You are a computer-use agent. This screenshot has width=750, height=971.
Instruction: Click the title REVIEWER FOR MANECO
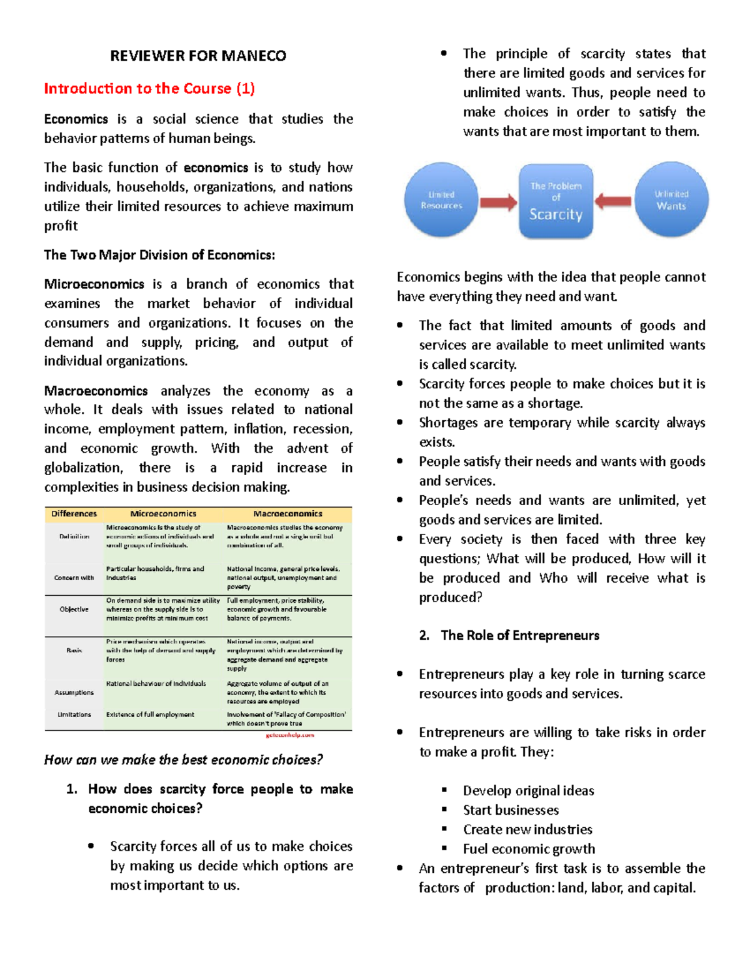[198, 56]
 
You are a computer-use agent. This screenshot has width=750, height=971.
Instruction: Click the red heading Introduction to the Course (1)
[149, 89]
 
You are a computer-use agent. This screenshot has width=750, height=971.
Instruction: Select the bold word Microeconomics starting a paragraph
[94, 284]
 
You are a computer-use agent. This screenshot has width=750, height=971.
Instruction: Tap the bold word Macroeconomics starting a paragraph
[96, 391]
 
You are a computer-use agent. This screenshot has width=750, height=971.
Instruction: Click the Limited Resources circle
[441, 200]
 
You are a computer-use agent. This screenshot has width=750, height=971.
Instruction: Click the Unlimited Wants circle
[671, 200]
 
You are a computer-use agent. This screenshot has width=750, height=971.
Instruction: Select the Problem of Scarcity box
[556, 201]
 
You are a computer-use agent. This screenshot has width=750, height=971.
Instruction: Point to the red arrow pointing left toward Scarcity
[613, 201]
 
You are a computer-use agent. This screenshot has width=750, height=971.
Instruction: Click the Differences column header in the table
[74, 514]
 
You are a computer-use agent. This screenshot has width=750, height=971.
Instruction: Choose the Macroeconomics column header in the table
[287, 514]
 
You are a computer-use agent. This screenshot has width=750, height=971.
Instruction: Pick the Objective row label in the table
[74, 610]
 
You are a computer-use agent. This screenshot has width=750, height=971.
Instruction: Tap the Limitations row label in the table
[74, 715]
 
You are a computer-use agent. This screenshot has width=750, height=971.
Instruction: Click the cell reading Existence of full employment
[150, 715]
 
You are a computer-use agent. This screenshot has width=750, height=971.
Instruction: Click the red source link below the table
[290, 735]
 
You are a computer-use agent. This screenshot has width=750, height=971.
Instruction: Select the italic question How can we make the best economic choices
[183, 760]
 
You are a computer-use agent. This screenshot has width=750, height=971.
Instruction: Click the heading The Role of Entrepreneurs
[519, 636]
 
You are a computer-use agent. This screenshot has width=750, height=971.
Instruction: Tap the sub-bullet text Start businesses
[511, 810]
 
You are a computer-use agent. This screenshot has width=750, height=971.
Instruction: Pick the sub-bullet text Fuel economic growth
[529, 849]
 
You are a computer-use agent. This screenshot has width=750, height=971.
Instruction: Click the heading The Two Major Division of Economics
[159, 255]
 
